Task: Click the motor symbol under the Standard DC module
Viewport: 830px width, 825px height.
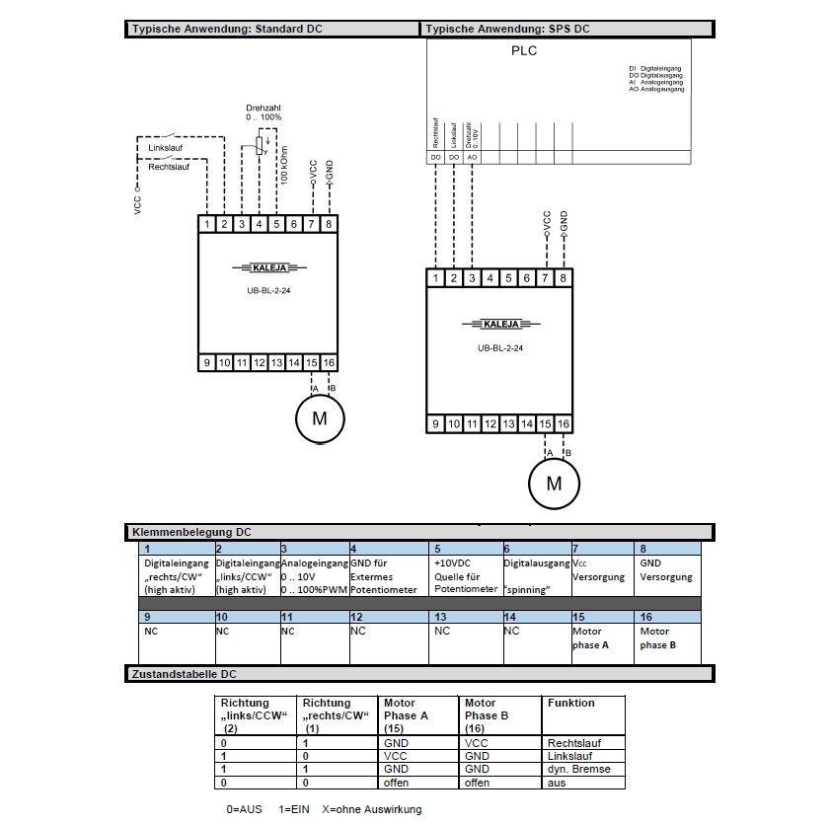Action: pyautogui.click(x=320, y=418)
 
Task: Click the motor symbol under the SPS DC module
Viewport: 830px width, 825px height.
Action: pyautogui.click(x=554, y=484)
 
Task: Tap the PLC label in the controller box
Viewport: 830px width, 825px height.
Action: pyautogui.click(x=524, y=51)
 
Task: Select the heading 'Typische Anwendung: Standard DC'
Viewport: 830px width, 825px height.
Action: pyautogui.click(x=228, y=29)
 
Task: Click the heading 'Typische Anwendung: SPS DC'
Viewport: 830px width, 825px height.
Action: pyautogui.click(x=508, y=29)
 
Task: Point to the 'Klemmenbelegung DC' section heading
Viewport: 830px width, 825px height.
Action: pyautogui.click(x=192, y=532)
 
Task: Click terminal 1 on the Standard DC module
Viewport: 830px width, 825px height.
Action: pyautogui.click(x=207, y=224)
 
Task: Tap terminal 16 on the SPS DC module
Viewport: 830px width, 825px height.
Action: pyautogui.click(x=564, y=423)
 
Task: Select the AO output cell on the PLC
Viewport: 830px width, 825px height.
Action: pyautogui.click(x=473, y=157)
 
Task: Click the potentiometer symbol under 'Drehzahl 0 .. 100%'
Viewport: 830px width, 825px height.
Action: pyautogui.click(x=261, y=146)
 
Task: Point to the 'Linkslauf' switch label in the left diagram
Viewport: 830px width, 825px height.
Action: pyautogui.click(x=165, y=149)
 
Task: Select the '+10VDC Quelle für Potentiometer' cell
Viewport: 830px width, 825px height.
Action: pyautogui.click(x=466, y=576)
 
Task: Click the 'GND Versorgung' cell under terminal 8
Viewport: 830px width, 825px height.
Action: pyautogui.click(x=666, y=570)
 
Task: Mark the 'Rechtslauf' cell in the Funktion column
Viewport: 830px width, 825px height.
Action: pyautogui.click(x=573, y=743)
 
